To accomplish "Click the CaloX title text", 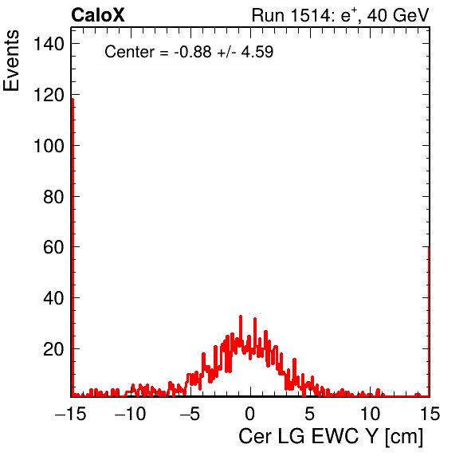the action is coord(98,15).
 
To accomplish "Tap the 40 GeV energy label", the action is coord(398,15).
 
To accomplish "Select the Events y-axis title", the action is coord(11,61).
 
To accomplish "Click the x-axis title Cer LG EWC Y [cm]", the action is coord(331,437).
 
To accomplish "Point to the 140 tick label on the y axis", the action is coord(49,44).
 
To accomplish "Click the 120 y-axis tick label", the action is coord(49,95).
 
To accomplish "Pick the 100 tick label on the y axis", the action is coord(49,146).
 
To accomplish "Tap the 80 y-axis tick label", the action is coord(53,197).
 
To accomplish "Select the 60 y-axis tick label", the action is coord(53,247).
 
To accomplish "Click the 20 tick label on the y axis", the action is coord(53,349).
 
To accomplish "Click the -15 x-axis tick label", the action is coord(71,413).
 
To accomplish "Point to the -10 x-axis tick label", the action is coord(131,413).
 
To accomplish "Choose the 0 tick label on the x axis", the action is coord(250,413).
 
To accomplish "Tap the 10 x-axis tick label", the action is coord(370,413).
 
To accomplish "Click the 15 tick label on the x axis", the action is coord(430,413).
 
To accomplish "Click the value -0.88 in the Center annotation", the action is coord(193,52).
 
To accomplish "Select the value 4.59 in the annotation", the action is coord(257,52).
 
